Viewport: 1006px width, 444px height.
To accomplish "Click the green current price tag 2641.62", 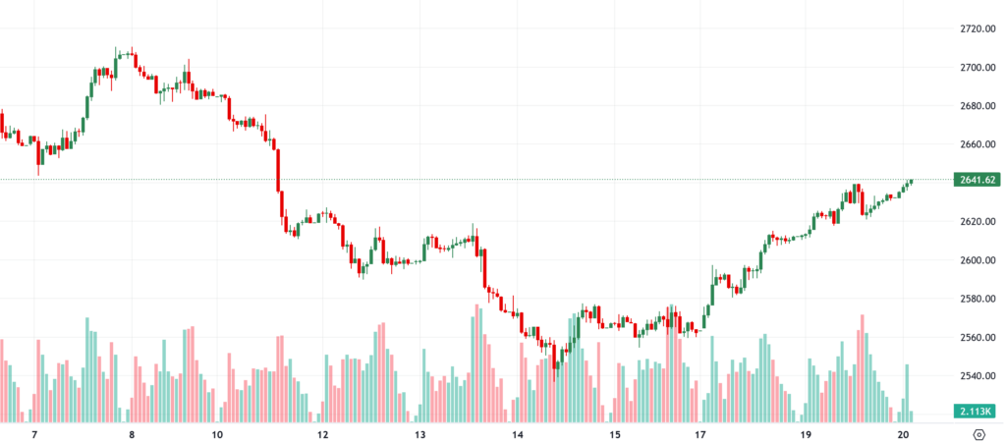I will click(977, 180).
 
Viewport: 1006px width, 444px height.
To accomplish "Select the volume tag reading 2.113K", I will click(977, 411).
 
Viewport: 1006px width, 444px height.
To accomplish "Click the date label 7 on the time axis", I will click(34, 434).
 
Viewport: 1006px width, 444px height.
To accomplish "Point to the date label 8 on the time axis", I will click(131, 434).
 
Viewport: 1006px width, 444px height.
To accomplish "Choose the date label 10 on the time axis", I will click(217, 434).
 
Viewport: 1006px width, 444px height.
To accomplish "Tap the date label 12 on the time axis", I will click(322, 434).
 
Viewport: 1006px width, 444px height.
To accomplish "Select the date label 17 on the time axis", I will click(700, 434).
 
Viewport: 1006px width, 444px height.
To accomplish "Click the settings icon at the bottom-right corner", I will click(978, 434).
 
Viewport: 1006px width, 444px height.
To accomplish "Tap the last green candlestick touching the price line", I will click(911, 182).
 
